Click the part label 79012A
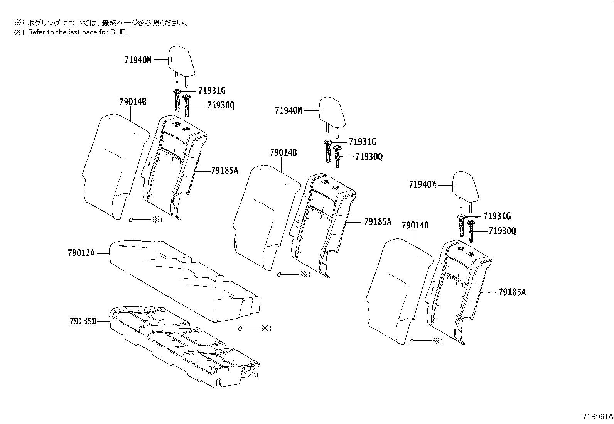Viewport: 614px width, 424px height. (x=81, y=253)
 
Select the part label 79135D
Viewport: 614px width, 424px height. (x=83, y=321)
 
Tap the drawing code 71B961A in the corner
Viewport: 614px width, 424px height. (x=597, y=417)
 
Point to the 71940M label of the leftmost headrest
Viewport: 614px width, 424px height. (x=138, y=60)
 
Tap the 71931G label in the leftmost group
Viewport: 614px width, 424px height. (x=212, y=91)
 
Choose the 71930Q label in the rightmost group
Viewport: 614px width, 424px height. (x=502, y=231)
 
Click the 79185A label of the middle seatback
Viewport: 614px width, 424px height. (x=378, y=221)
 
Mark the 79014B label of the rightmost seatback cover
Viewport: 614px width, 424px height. (x=415, y=225)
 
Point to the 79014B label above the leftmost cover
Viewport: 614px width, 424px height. (x=133, y=102)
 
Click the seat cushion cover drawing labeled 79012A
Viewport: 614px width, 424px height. (x=185, y=280)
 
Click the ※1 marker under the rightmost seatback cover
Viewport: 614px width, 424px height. (x=437, y=341)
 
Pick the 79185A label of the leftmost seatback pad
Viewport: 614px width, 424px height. (x=224, y=170)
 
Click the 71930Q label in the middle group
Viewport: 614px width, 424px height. (x=369, y=157)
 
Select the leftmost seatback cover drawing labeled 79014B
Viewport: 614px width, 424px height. (x=114, y=166)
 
